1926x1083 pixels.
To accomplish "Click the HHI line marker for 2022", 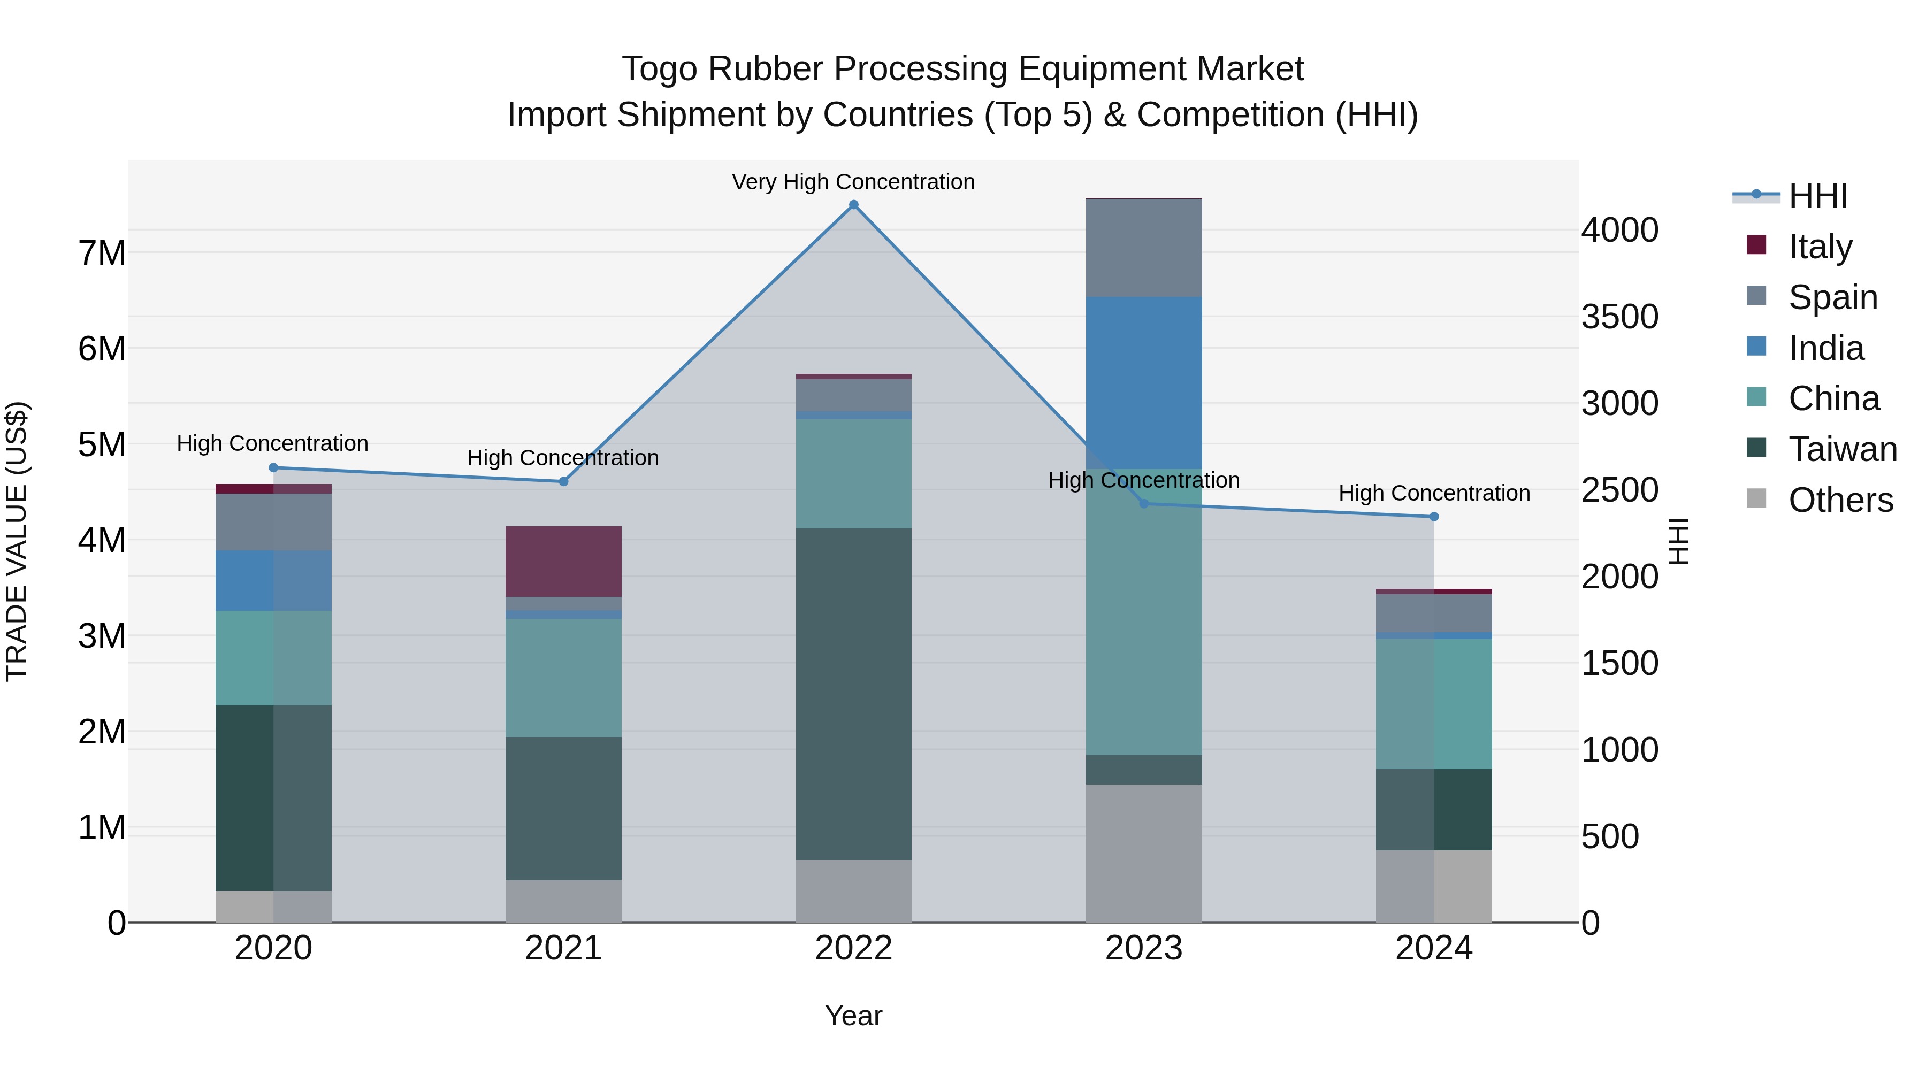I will tap(853, 205).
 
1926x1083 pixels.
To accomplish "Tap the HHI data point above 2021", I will tap(564, 481).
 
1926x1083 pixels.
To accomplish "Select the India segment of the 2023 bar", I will tap(1143, 383).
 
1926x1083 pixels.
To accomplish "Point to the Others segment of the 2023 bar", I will tap(1143, 853).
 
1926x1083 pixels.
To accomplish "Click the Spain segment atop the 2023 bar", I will tap(1143, 248).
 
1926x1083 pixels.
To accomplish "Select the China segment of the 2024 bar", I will tap(1433, 703).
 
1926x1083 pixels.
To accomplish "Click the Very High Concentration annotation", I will tap(853, 182).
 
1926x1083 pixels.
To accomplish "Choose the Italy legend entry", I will tap(1820, 246).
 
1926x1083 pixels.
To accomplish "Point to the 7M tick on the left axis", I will tap(102, 252).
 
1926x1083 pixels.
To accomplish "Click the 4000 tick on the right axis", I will tap(1619, 229).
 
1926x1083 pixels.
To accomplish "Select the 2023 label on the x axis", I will tap(1143, 948).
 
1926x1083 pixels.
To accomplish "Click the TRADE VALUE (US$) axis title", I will tap(17, 541).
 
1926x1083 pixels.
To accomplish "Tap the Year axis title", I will tap(853, 1016).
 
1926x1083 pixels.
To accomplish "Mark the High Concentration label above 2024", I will tap(1433, 493).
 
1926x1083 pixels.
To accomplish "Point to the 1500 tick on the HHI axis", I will tap(1619, 663).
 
